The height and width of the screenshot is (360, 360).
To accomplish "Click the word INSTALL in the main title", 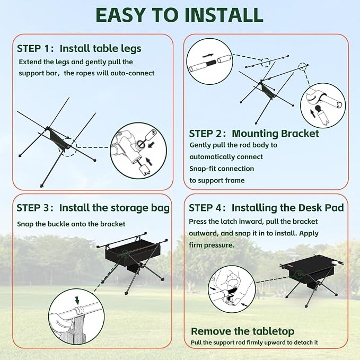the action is (x=224, y=15).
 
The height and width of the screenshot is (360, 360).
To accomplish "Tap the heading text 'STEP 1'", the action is (x=33, y=48).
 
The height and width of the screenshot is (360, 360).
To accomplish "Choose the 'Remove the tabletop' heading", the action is (x=242, y=331).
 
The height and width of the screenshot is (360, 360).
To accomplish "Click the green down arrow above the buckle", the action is (x=77, y=300).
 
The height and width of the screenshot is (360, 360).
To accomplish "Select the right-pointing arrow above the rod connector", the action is (x=208, y=56).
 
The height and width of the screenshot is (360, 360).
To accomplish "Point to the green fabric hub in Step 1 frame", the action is (x=58, y=139).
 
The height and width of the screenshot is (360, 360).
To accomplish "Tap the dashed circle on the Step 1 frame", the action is (x=67, y=147).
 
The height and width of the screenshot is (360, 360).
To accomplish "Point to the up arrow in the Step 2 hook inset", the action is (x=312, y=113).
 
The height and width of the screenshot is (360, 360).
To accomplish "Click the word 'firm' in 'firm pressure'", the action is (x=196, y=245).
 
